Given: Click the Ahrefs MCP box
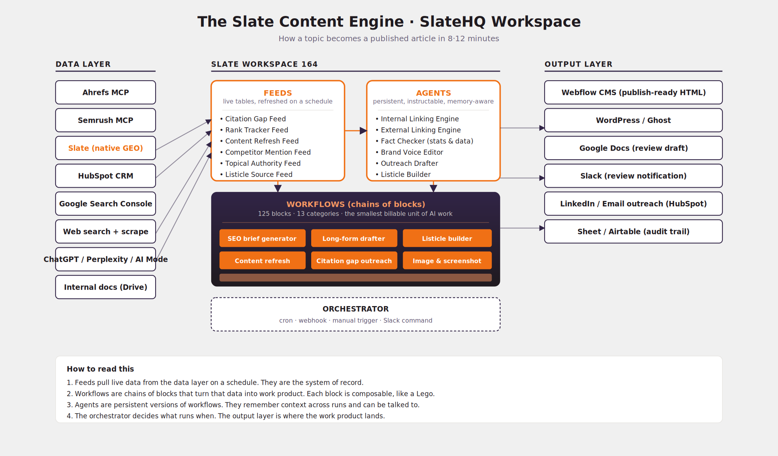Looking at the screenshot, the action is point(105,92).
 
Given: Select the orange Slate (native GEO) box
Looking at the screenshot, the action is point(105,148).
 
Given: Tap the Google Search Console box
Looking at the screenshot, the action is point(105,204).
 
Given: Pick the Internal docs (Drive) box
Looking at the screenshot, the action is point(105,287).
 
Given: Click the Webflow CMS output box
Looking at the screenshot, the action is point(633,92).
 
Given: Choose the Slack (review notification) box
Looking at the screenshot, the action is point(633,176).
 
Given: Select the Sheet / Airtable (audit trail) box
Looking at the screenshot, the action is point(633,231).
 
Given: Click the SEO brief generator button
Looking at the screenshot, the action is point(262,238).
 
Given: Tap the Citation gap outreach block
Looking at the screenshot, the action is point(354,261).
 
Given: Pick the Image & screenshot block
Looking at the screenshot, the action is point(447,261).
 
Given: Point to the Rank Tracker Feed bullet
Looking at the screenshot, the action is point(254,130).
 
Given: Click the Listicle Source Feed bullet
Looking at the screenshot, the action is point(256,174).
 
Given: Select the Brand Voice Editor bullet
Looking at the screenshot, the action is point(409,152).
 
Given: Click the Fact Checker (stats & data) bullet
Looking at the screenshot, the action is point(424,141).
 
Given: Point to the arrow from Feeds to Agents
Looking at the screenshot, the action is point(356,130).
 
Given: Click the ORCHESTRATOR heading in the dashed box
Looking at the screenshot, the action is point(356,309).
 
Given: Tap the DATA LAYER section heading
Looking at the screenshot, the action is point(83,64).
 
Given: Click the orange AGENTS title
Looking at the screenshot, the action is point(433,93).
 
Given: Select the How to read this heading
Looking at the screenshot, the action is point(100,369).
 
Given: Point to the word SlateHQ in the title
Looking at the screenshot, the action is point(452,21).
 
